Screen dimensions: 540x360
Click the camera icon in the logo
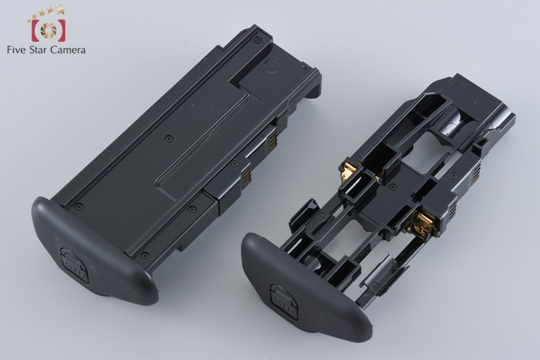point(48,30)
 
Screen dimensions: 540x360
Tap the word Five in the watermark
point(16,49)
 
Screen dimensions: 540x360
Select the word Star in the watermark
point(37,49)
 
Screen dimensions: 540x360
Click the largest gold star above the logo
point(61,9)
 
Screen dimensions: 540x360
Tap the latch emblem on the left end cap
point(74,265)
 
